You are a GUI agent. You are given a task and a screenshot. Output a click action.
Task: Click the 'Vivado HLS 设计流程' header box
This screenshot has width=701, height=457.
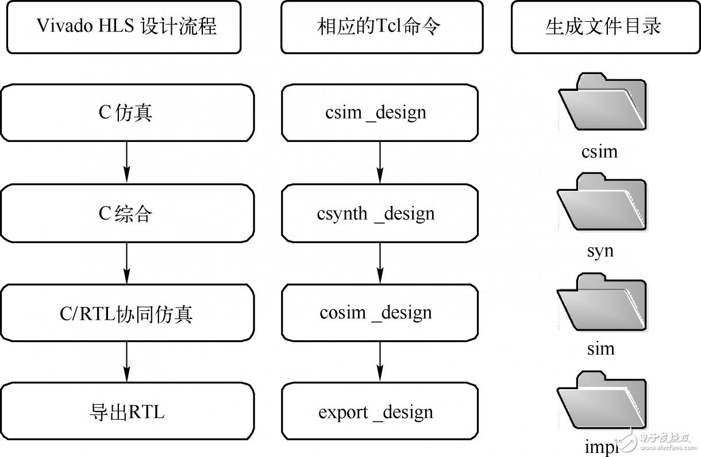[x=124, y=26]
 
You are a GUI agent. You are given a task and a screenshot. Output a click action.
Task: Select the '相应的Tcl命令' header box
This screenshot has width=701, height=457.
[x=379, y=26]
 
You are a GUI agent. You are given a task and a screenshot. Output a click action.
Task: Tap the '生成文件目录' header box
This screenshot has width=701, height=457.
[x=603, y=26]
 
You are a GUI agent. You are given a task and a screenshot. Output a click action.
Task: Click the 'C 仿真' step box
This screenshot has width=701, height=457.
[x=126, y=113]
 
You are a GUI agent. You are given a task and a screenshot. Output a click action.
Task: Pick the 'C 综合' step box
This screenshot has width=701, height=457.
[x=126, y=213]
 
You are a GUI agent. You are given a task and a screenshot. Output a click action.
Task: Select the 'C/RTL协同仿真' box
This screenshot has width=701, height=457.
[x=126, y=313]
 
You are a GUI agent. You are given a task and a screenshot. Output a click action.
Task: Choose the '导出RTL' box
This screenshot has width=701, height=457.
[x=126, y=412]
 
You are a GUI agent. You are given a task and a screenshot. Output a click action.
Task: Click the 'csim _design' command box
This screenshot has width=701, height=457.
[x=379, y=113]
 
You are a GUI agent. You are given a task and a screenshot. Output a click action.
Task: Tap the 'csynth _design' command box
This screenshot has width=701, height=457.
[x=379, y=213]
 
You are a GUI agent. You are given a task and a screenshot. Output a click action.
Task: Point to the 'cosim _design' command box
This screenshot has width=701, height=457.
[x=379, y=313]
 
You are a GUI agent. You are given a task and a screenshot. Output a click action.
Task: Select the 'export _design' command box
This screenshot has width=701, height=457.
[x=379, y=412]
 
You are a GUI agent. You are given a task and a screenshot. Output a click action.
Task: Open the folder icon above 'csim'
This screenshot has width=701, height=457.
[x=602, y=102]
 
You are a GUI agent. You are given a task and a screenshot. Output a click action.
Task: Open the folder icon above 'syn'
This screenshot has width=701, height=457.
[x=602, y=202]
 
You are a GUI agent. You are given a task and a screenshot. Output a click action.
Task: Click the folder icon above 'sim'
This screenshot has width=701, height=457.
[x=602, y=301]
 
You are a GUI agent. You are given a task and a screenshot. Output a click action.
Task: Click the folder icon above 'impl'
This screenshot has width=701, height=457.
[x=602, y=400]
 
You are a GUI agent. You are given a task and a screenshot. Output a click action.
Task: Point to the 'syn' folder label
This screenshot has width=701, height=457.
[x=600, y=251]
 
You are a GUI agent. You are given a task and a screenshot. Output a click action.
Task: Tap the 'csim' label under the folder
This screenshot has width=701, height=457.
[x=599, y=152]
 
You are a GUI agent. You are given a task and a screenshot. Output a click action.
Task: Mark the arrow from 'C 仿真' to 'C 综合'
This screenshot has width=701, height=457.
[x=126, y=163]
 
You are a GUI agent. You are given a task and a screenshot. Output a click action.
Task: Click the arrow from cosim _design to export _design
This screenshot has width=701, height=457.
[x=379, y=362]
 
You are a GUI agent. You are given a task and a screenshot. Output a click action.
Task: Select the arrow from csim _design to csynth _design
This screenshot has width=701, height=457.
[x=379, y=163]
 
